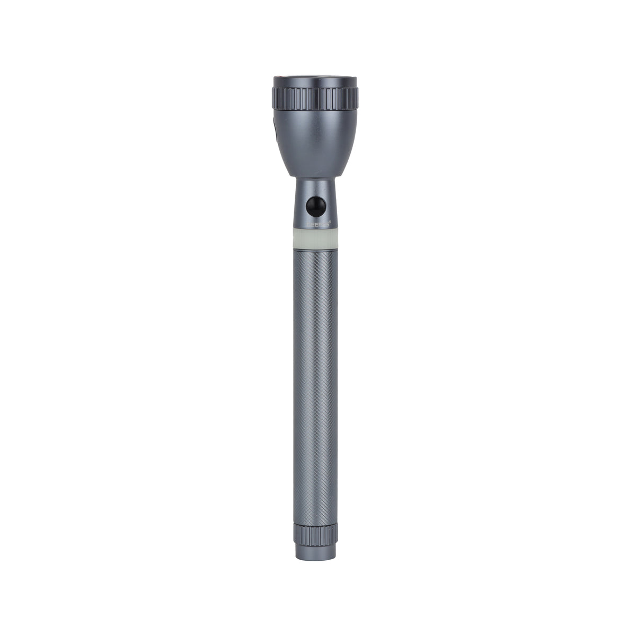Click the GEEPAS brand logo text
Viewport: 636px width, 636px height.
point(317,224)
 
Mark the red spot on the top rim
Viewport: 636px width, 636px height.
point(287,79)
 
